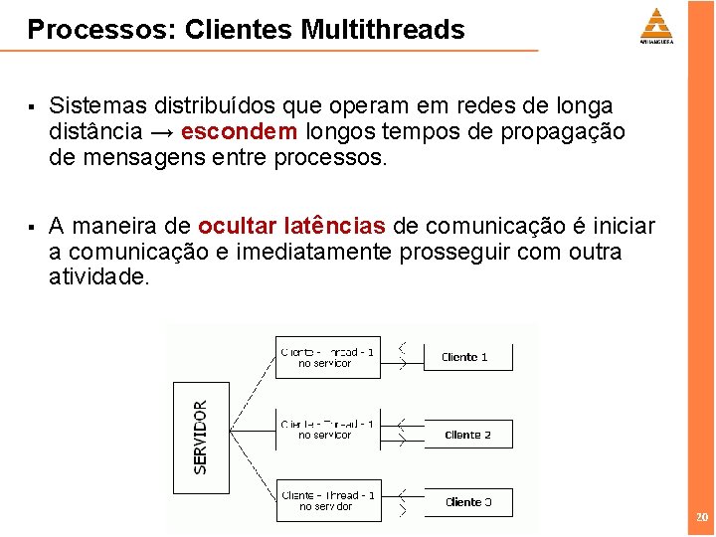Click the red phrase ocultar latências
click(x=293, y=226)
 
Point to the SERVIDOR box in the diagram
click(x=201, y=437)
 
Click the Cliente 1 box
click(x=468, y=357)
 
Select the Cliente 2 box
click(x=468, y=435)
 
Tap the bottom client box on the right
click(x=468, y=502)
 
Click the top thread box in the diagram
click(x=325, y=357)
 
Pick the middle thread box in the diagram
click(x=325, y=430)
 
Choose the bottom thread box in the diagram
click(x=325, y=501)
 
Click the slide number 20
click(x=702, y=518)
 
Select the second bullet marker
click(x=33, y=227)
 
